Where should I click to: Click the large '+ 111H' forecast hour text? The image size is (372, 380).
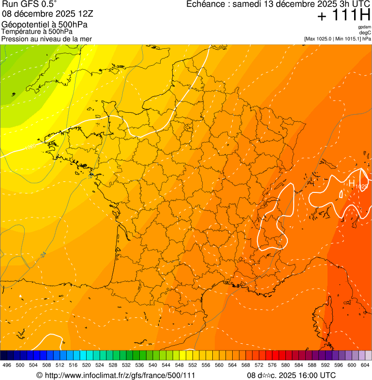coord(344,15)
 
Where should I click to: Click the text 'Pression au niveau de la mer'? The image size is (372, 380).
coord(47,39)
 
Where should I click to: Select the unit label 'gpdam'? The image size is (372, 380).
coord(364,27)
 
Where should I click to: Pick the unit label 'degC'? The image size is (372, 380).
coord(366,32)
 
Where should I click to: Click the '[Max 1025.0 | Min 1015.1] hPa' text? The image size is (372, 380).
coord(338,38)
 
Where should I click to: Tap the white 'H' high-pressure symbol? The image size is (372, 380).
coord(352,183)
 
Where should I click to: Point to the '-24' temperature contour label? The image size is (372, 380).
coord(44,254)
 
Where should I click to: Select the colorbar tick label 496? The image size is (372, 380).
coord(7,365)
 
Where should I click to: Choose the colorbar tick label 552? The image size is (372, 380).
coord(193,365)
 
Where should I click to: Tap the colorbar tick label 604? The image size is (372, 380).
coord(365,365)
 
